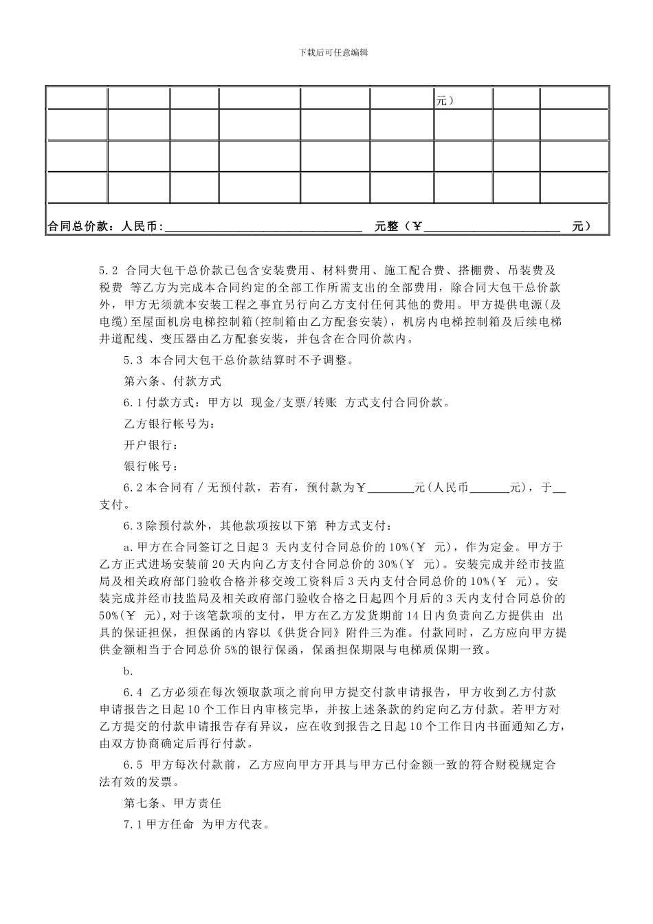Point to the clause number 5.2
pyautogui.click(x=110, y=270)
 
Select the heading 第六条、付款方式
pyautogui.click(x=172, y=381)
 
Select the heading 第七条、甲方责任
pyautogui.click(x=172, y=802)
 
